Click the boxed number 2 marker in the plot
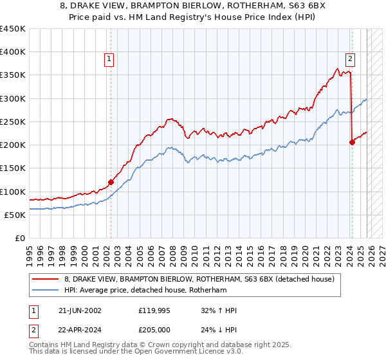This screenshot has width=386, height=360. pos(351,59)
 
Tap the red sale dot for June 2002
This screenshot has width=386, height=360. pos(111,182)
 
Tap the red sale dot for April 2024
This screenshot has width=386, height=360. pos(352,143)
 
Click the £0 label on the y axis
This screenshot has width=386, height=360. pos(21,238)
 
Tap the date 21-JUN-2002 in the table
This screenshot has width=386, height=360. pos(80,310)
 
